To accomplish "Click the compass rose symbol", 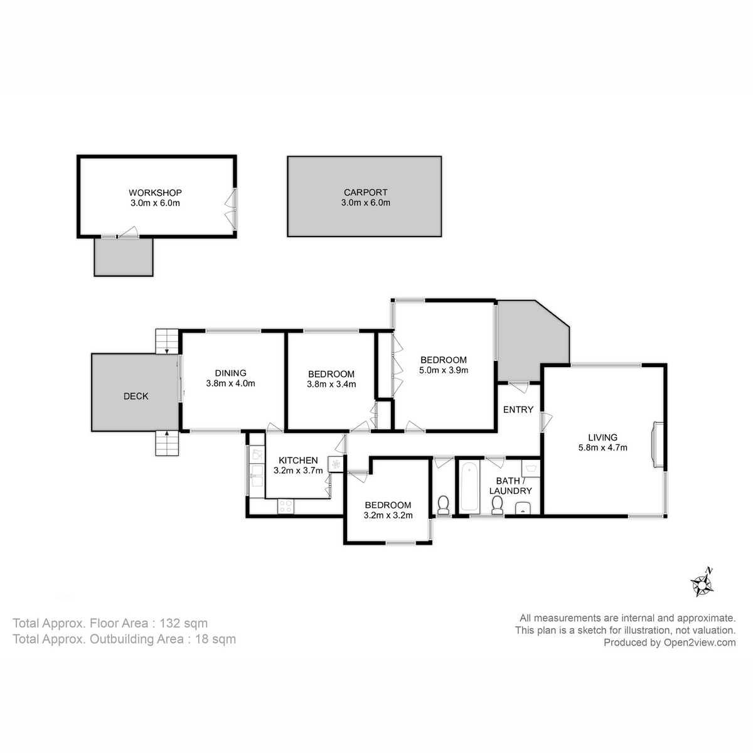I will [703, 583].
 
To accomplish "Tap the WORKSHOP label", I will [155, 193].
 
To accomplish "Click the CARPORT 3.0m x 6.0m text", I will [365, 198].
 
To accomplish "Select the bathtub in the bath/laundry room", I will [469, 488].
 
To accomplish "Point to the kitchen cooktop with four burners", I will [286, 506].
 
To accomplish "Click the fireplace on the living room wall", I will [657, 444].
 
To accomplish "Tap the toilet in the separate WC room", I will [443, 505].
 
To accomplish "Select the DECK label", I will [136, 396].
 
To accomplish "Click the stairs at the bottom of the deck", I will [167, 444].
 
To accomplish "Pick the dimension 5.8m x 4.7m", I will [602, 447].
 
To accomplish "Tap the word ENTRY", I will [518, 410].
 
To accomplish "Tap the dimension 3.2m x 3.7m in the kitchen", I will [298, 470].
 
